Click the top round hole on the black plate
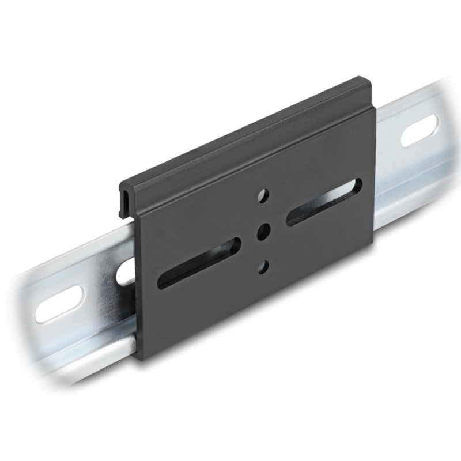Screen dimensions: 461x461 pos(263,195)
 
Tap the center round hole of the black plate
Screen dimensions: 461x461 pos(263,231)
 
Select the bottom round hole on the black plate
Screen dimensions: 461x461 pos(263,266)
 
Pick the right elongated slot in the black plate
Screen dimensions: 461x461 pos(324,201)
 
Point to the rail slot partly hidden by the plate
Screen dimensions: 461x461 pos(126,271)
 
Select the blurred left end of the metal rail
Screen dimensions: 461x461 pos(23,323)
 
